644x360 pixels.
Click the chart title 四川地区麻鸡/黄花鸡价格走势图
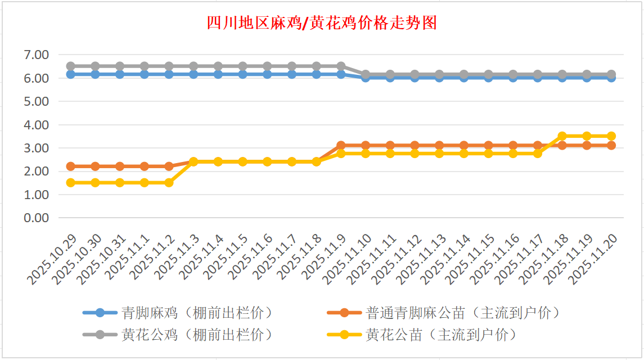322,23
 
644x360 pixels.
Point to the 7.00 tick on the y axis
37,55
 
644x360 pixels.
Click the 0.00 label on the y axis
37,218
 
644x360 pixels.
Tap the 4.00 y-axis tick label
37,125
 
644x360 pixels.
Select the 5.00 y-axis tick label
37,101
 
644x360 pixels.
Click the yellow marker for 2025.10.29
71,182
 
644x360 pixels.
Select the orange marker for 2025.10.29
71,166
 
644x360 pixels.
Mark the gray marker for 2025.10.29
71,66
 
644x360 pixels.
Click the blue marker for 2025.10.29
71,74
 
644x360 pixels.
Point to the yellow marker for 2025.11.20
611,136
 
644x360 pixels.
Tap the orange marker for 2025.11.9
341,145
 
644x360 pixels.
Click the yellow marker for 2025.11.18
562,136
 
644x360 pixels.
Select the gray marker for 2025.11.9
341,66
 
